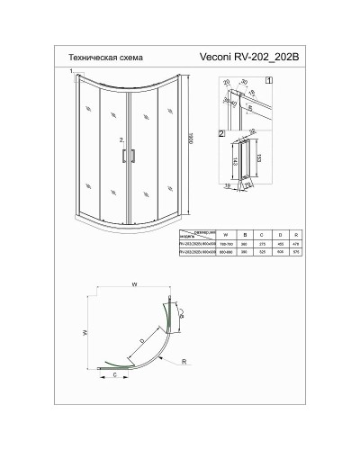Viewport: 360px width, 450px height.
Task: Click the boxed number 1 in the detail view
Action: click(269, 80)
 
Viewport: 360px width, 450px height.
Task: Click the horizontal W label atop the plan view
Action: click(133, 288)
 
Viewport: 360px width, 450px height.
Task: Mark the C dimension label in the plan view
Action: click(114, 379)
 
